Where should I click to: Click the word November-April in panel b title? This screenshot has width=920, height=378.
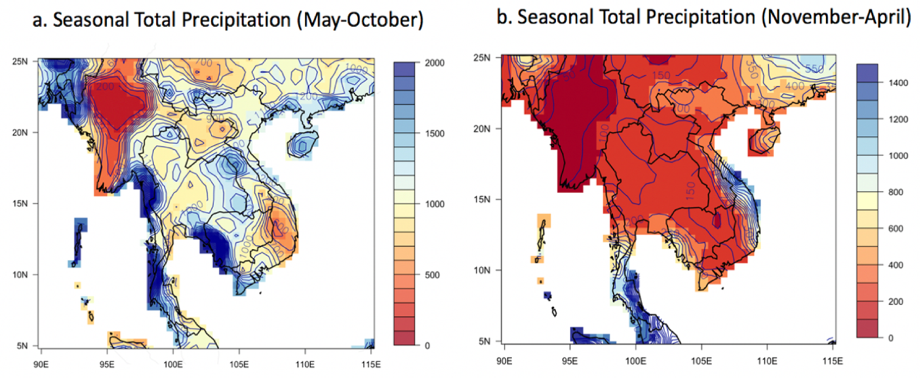coord(836,17)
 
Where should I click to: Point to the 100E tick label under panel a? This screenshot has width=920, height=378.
coord(173,364)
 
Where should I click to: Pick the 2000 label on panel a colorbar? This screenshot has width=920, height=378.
coord(434,63)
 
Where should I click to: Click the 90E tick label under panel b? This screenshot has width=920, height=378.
coord(504,361)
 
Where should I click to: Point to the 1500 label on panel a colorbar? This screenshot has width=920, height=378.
coord(434,134)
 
